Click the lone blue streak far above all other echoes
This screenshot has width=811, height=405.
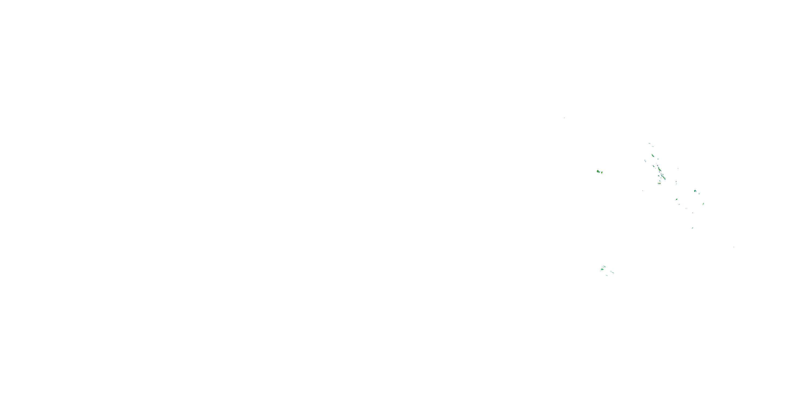click(x=564, y=118)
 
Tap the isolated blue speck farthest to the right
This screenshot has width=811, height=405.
click(x=734, y=247)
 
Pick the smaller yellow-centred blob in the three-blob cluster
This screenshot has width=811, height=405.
click(x=602, y=173)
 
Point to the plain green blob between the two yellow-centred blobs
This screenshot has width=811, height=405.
click(x=599, y=172)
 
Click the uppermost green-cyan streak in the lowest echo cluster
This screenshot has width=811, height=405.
click(x=604, y=266)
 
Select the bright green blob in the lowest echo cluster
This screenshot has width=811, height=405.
click(x=602, y=269)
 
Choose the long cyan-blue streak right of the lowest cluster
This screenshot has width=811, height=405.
click(x=612, y=272)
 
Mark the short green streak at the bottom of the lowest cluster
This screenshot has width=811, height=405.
click(x=607, y=276)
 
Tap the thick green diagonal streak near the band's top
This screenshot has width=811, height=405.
click(x=653, y=156)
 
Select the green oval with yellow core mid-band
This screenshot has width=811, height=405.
click(x=660, y=170)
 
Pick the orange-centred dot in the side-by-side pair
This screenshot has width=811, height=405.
click(x=660, y=184)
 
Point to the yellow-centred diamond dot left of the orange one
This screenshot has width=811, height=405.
click(x=658, y=184)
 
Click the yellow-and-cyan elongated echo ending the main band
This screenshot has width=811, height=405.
click(x=664, y=178)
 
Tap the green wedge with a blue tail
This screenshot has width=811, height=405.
click(x=695, y=191)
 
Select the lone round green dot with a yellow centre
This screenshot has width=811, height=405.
click(x=677, y=199)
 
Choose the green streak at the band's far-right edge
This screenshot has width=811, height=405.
click(x=703, y=204)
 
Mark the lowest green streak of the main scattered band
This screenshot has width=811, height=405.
click(x=693, y=228)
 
